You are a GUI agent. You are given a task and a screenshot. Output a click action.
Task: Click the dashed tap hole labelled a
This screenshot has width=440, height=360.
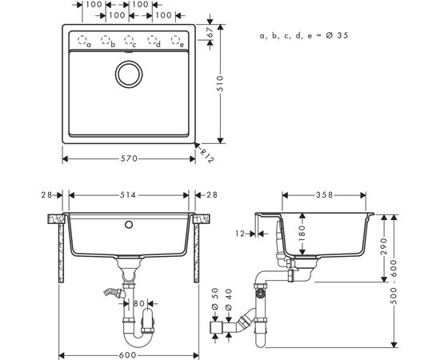point(82,39)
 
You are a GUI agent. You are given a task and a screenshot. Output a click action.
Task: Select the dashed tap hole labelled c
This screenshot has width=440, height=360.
point(129,39)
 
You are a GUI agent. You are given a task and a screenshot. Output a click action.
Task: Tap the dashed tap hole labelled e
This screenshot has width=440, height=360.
point(175,39)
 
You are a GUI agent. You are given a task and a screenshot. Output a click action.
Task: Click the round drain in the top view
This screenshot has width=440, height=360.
point(129,74)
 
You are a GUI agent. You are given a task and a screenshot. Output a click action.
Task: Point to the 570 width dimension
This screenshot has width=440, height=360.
point(129,159)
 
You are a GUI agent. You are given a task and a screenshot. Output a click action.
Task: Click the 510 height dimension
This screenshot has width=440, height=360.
point(220,83)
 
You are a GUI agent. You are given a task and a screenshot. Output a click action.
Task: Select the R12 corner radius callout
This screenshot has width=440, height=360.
point(207,155)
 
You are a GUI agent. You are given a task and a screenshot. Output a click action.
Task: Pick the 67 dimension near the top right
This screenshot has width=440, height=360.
point(211,33)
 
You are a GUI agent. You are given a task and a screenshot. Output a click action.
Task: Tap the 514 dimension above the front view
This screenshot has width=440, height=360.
point(128,194)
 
